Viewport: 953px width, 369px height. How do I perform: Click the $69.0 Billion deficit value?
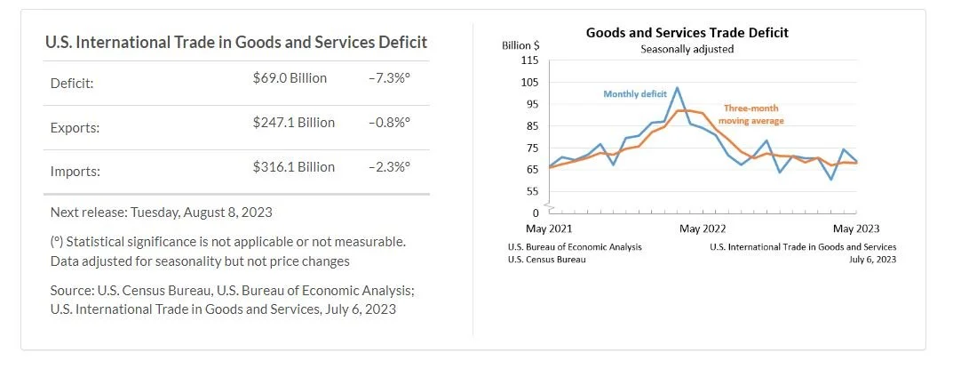[290, 78]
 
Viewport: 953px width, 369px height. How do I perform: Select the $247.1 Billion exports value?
[293, 123]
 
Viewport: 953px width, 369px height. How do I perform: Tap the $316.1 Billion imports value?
[293, 167]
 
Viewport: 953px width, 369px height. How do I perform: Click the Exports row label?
[75, 127]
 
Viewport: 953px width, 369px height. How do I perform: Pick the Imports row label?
[75, 172]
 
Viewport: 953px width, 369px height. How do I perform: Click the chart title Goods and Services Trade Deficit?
[687, 33]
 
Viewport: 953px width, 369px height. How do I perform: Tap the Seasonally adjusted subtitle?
[687, 49]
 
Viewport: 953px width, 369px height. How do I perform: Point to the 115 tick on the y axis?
[530, 60]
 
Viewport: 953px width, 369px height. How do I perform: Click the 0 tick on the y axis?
[536, 213]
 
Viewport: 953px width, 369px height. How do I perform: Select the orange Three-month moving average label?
[750, 113]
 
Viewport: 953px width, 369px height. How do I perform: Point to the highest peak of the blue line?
[678, 88]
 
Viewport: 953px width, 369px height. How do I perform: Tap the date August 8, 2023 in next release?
[222, 213]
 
